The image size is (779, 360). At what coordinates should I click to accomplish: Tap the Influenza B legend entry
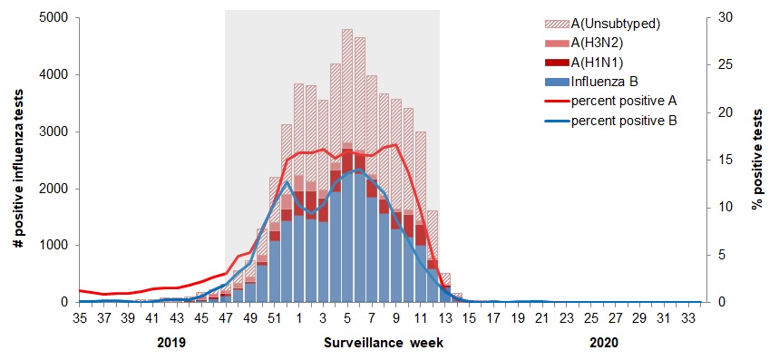pyautogui.click(x=605, y=81)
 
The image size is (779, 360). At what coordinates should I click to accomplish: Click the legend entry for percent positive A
pyautogui.click(x=624, y=100)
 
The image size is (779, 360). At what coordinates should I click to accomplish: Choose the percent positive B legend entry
pyautogui.click(x=624, y=119)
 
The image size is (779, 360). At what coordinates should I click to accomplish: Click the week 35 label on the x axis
pyautogui.click(x=79, y=318)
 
